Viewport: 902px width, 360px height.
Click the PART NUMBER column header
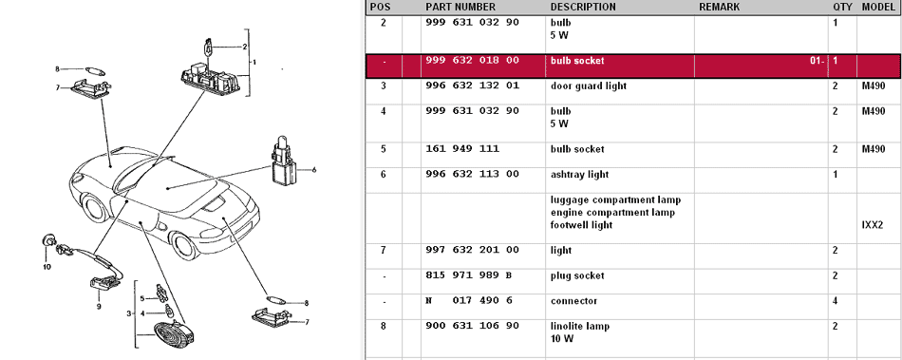(460, 7)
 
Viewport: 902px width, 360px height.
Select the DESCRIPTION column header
(583, 7)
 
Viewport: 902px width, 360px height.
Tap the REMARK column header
(719, 7)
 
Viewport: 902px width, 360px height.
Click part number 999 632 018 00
(472, 61)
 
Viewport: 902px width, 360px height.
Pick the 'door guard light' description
(589, 86)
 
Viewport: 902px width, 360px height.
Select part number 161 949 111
(462, 149)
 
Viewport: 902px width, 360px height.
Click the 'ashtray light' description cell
(579, 174)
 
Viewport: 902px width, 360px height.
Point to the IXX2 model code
(872, 225)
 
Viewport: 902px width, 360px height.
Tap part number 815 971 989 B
(469, 275)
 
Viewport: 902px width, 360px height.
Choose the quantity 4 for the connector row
(836, 301)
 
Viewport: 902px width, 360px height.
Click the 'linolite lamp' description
(580, 326)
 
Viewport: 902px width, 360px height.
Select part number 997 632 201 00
(472, 250)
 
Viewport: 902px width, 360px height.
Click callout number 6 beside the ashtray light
(314, 170)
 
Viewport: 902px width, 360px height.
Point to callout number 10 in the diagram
(47, 266)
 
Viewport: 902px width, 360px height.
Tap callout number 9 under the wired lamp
(99, 307)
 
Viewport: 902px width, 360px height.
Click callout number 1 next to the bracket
(254, 62)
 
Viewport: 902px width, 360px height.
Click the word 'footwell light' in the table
(581, 225)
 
